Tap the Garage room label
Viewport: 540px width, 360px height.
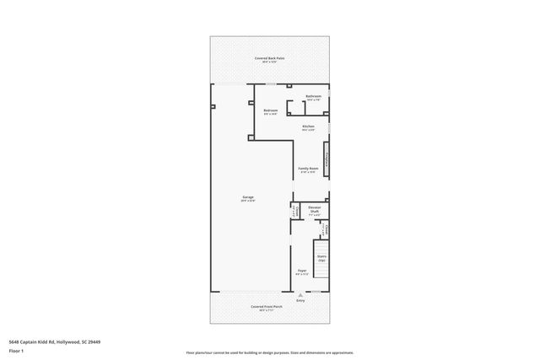[248, 197]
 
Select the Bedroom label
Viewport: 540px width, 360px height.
[270, 110]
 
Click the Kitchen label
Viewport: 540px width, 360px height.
[308, 126]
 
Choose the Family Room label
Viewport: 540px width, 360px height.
[308, 169]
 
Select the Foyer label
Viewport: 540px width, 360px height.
[300, 271]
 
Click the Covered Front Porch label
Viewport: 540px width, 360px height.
[267, 306]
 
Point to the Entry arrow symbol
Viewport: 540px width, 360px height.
[300, 293]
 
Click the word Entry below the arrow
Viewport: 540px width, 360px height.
[300, 300]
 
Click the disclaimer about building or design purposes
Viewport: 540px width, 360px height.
[270, 352]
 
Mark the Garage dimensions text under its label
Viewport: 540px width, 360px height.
[248, 201]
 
